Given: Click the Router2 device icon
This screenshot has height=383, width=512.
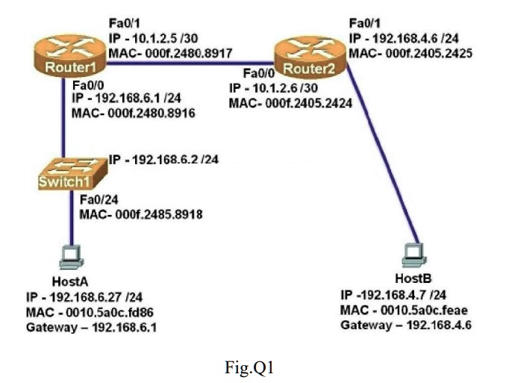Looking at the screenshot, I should (307, 58).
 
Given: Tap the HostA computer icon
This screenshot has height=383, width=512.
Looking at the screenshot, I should (72, 258).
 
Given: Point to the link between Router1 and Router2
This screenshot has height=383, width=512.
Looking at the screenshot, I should (187, 63).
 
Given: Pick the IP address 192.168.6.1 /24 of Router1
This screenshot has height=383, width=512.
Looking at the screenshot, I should (122, 98).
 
